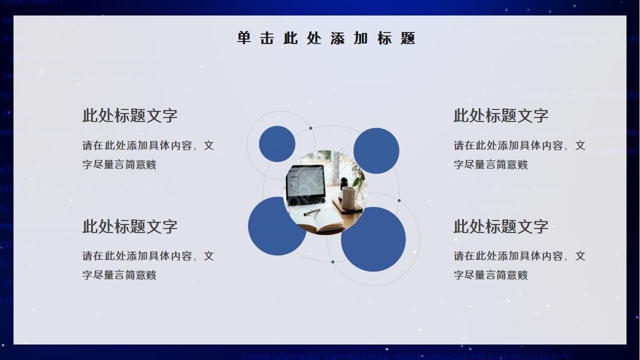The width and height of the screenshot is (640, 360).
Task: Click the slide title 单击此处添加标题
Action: tap(326, 38)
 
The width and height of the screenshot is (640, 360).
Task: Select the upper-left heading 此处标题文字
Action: tap(130, 115)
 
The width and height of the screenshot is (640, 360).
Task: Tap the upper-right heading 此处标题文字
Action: tap(501, 115)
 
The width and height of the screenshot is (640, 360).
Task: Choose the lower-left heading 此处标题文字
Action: tap(130, 226)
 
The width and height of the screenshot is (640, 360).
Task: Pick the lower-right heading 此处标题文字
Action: tap(501, 226)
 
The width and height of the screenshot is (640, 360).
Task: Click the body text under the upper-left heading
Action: tap(148, 155)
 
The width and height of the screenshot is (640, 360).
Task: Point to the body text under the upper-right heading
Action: tap(519, 155)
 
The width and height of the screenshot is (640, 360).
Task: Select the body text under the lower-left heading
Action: tap(148, 265)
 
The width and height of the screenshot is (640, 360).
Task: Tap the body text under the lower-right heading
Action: tap(519, 265)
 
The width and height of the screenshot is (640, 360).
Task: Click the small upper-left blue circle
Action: tap(277, 144)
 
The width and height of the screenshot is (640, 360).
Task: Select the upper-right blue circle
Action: tap(376, 150)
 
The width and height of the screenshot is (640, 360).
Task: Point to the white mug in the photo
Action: tap(348, 197)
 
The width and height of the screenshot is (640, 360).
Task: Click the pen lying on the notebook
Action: tap(312, 212)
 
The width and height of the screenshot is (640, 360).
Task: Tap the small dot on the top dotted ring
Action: tap(310, 128)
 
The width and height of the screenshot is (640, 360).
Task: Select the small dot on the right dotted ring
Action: tap(399, 201)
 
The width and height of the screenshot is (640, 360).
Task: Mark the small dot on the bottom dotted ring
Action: tap(332, 262)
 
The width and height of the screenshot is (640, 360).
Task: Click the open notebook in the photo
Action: tap(320, 222)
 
